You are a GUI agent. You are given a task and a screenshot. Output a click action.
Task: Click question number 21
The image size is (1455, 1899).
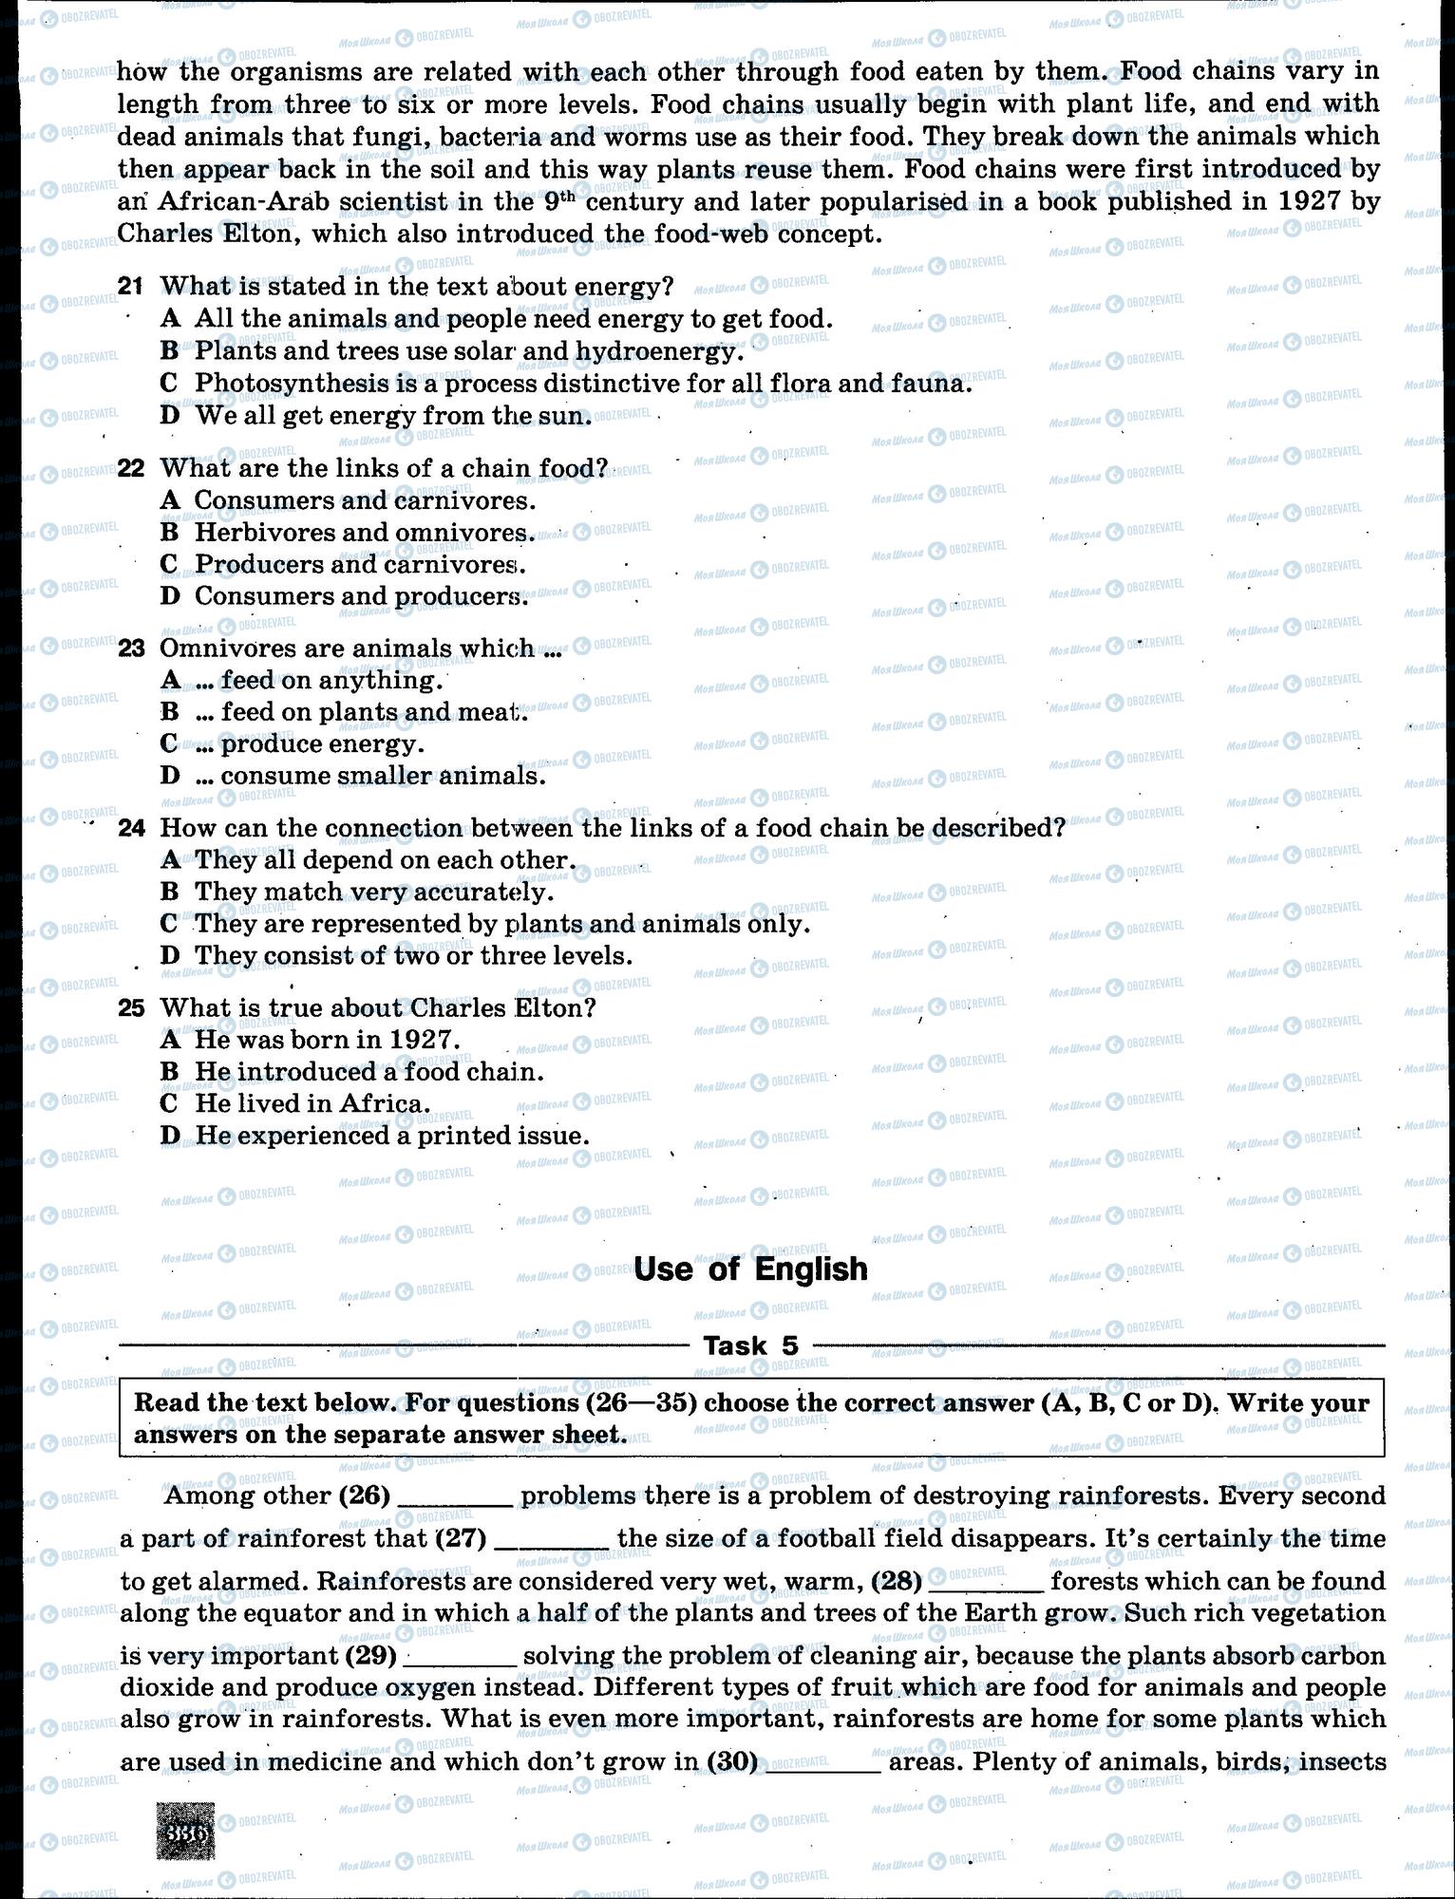click(130, 286)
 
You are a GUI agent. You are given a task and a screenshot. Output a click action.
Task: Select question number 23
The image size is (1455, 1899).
click(131, 649)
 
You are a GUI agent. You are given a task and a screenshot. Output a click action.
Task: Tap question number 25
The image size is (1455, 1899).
click(131, 1007)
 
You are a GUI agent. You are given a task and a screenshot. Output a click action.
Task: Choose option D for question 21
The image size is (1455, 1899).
click(170, 416)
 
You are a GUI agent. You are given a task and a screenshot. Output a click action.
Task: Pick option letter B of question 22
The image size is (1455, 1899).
click(170, 533)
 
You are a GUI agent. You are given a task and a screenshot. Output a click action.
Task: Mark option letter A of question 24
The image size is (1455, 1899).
click(170, 860)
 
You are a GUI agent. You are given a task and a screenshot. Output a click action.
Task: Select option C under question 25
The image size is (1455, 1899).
click(170, 1104)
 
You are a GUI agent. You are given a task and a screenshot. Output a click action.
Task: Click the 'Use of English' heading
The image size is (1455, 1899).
click(750, 1269)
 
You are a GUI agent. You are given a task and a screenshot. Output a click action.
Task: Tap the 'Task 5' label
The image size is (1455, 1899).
click(750, 1345)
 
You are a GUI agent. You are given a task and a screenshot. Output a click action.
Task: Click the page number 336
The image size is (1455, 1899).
click(186, 1833)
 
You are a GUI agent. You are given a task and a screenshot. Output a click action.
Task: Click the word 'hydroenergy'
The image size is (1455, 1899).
click(654, 351)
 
